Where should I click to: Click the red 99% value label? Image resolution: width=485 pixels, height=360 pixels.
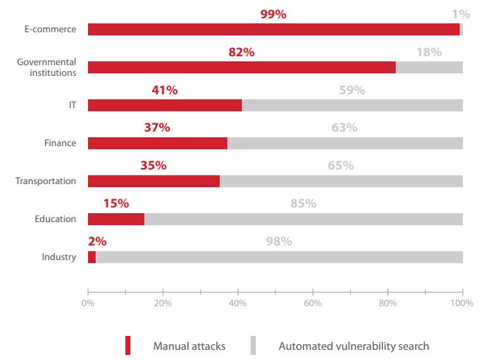click(x=273, y=14)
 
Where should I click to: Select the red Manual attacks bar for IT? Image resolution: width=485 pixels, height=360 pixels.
click(x=165, y=106)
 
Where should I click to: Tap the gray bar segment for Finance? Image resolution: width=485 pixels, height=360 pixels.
click(x=345, y=144)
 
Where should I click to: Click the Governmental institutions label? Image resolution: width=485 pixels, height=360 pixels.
click(x=47, y=67)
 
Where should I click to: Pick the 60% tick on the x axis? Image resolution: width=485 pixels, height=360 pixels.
click(x=313, y=303)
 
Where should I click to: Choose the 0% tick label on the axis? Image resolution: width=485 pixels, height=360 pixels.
click(x=88, y=303)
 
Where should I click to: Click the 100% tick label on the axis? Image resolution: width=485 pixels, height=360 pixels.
click(x=462, y=303)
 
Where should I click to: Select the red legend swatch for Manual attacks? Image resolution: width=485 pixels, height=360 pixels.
click(x=127, y=345)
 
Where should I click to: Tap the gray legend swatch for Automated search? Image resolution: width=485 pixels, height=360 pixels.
click(x=253, y=345)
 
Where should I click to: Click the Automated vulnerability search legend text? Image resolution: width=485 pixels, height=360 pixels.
click(x=353, y=346)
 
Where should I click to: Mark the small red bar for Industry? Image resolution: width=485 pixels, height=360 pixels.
click(x=92, y=257)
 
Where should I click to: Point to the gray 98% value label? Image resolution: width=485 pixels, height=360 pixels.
click(x=279, y=241)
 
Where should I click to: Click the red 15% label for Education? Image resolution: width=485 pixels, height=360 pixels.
click(x=116, y=203)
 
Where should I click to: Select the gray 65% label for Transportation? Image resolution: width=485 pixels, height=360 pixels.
click(x=341, y=166)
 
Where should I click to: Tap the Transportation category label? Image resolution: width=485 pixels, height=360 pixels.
click(x=46, y=182)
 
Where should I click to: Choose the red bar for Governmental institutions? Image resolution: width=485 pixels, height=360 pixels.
click(x=241, y=68)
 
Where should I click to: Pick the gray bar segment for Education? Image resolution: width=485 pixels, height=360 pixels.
click(x=303, y=219)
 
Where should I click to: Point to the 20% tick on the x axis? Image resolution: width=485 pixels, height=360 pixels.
click(x=163, y=303)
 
